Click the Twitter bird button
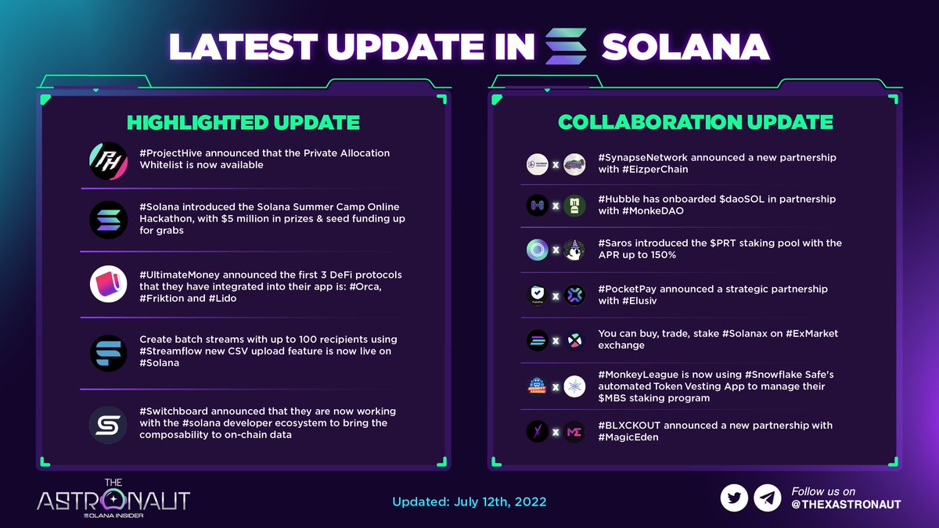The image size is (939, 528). (734, 497)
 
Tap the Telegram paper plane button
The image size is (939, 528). (767, 497)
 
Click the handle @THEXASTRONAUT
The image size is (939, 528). (846, 505)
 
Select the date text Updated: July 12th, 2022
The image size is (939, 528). (469, 501)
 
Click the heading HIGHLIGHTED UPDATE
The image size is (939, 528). (243, 123)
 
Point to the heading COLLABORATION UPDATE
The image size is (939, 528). (695, 123)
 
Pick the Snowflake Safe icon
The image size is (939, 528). (574, 387)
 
